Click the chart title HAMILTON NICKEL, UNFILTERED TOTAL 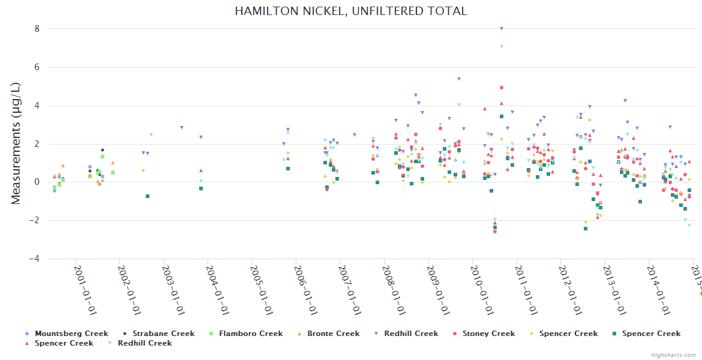350,11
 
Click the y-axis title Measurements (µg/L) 16,144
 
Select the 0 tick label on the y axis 37,182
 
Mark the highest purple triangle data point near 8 502,28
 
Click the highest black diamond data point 103,150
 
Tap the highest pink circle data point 501,88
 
